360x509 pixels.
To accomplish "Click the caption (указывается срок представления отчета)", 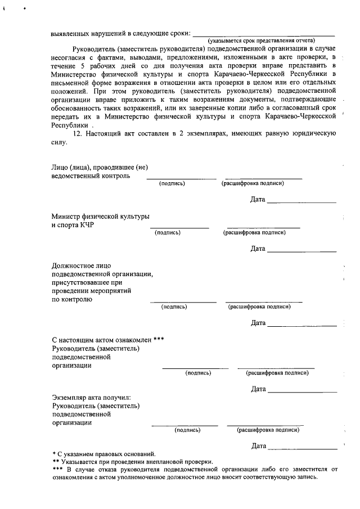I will click(x=261, y=42).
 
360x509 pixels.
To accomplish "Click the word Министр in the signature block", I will click(x=66, y=216).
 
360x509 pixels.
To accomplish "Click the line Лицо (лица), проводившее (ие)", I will click(x=100, y=166).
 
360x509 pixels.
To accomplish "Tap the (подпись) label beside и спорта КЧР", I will click(x=167, y=232).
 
